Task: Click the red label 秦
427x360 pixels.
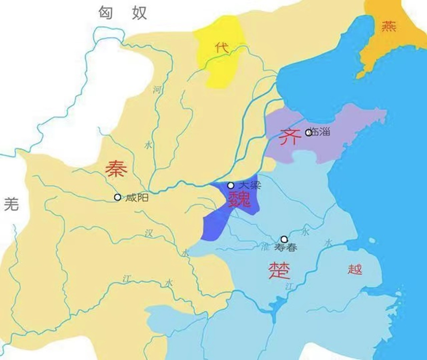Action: coord(116,170)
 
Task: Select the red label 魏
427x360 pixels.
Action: coord(239,199)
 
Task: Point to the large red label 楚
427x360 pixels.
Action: coord(279,270)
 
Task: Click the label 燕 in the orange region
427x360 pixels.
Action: coord(388,26)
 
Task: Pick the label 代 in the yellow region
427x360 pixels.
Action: coord(220,47)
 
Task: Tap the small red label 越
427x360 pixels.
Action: coord(354,269)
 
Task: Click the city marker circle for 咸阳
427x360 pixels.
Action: coord(117,197)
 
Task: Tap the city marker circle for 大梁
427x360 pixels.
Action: coord(231,185)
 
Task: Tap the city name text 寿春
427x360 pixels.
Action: coord(286,248)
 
